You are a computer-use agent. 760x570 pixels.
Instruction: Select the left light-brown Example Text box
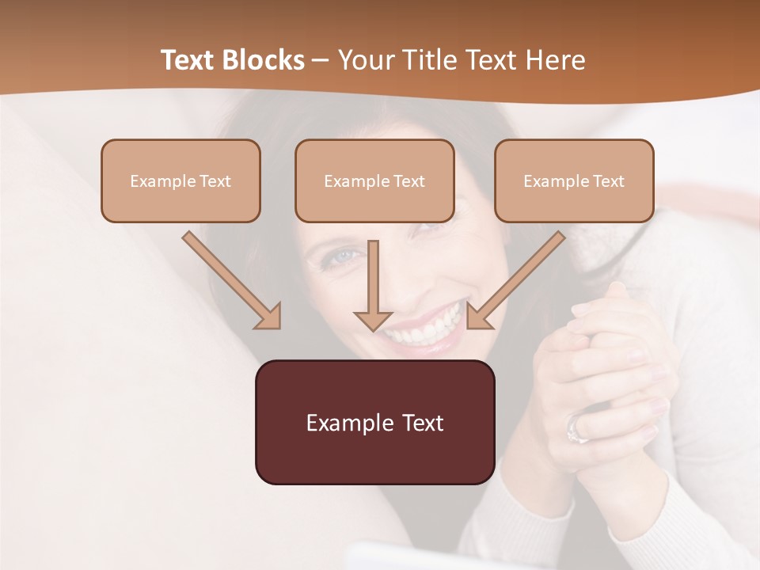click(180, 180)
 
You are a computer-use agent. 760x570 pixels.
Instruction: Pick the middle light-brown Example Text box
click(374, 180)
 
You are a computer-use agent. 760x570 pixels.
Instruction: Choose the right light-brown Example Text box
click(574, 180)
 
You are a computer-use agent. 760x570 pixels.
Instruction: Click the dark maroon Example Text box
click(374, 422)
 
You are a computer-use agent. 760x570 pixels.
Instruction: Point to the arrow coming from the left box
click(232, 280)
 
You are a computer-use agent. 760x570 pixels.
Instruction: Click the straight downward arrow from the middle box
click(373, 285)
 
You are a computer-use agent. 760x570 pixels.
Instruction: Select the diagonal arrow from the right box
click(515, 280)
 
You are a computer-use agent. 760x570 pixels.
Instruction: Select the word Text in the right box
click(608, 180)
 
